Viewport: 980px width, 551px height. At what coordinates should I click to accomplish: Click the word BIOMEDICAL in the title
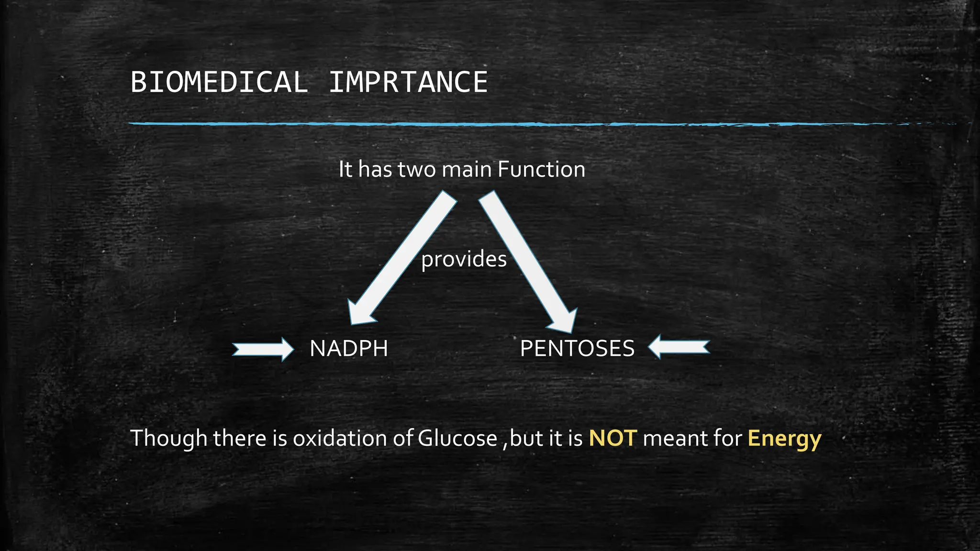point(219,82)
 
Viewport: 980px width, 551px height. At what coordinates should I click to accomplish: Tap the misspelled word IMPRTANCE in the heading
point(408,82)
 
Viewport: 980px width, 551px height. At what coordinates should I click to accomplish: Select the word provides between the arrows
point(464,259)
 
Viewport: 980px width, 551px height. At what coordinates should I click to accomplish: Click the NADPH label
point(348,348)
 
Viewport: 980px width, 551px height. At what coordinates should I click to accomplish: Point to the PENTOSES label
point(577,348)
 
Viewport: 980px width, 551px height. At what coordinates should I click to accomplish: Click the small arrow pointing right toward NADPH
point(263,349)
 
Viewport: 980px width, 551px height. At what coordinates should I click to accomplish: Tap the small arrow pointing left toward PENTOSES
point(679,347)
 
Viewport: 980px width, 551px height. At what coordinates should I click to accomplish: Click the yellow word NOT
point(612,438)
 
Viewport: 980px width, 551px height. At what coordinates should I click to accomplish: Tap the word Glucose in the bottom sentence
point(457,438)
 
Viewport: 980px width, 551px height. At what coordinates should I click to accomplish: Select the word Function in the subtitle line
point(541,169)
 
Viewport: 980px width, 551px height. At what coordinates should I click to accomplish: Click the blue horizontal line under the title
point(526,124)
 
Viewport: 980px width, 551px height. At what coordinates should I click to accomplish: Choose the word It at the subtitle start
point(345,169)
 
